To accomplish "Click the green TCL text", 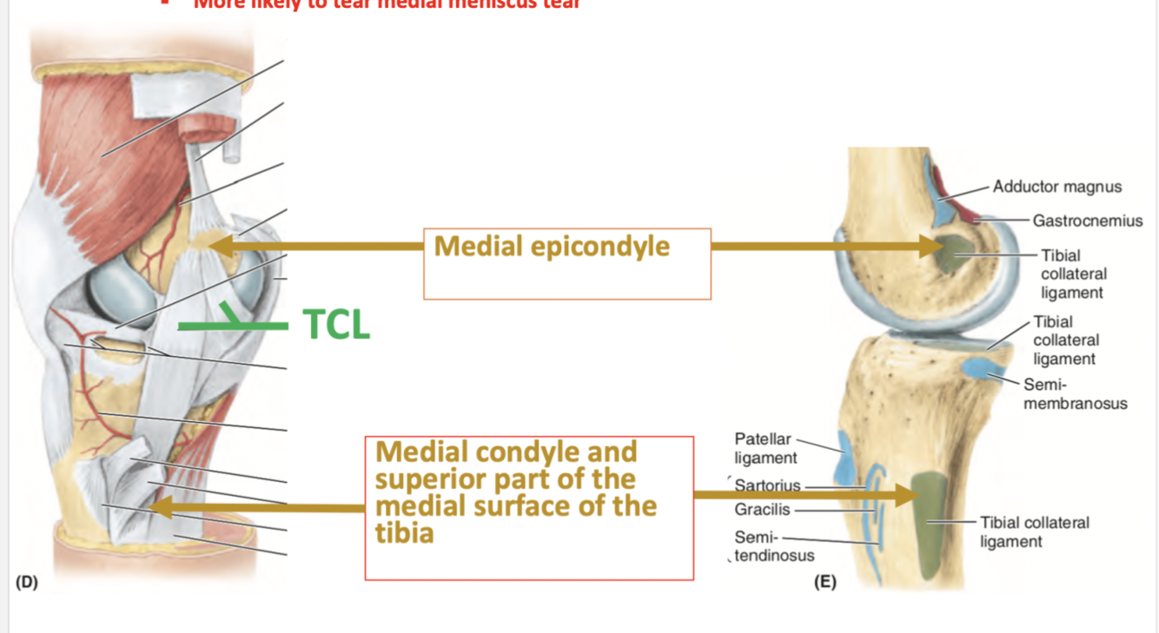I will coord(336,325).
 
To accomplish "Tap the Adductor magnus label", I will coord(1056,187).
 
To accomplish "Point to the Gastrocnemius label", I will coord(1087,221).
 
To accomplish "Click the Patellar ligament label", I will coord(765,448).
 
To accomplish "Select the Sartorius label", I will coord(767,485).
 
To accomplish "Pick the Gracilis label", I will coord(762,509).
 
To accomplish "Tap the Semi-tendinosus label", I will coord(774,546).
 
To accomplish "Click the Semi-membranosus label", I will coord(1075,393).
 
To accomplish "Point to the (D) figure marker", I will coord(27,582).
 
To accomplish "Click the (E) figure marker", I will coord(825,582).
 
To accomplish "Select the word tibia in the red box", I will coord(404,532).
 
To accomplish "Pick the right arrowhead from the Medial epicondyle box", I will coord(934,246).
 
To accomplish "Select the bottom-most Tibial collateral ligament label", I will coord(1034,531).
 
